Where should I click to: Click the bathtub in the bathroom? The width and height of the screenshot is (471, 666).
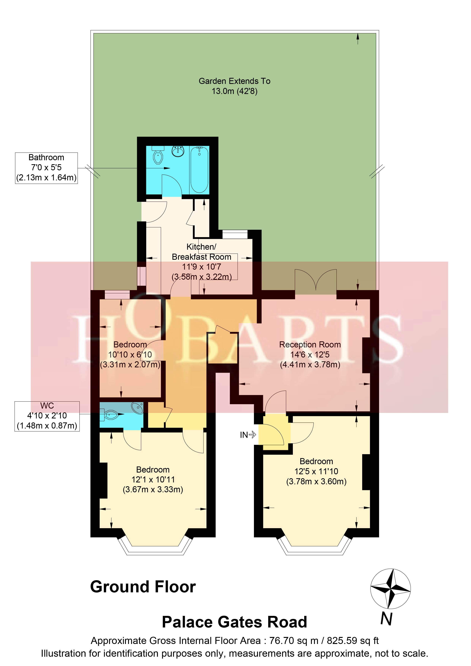pos(199,170)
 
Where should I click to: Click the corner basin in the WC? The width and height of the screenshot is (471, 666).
pos(137,408)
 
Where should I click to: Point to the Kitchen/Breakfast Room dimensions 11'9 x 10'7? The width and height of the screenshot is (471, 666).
pos(201,267)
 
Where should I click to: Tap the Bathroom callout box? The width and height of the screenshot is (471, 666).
pos(46,168)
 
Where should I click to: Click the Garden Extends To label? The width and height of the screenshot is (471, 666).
pos(235,81)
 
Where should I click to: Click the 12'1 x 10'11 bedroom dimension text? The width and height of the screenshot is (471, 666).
pos(153,480)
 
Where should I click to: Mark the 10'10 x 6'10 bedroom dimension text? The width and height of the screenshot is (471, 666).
pos(130,354)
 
